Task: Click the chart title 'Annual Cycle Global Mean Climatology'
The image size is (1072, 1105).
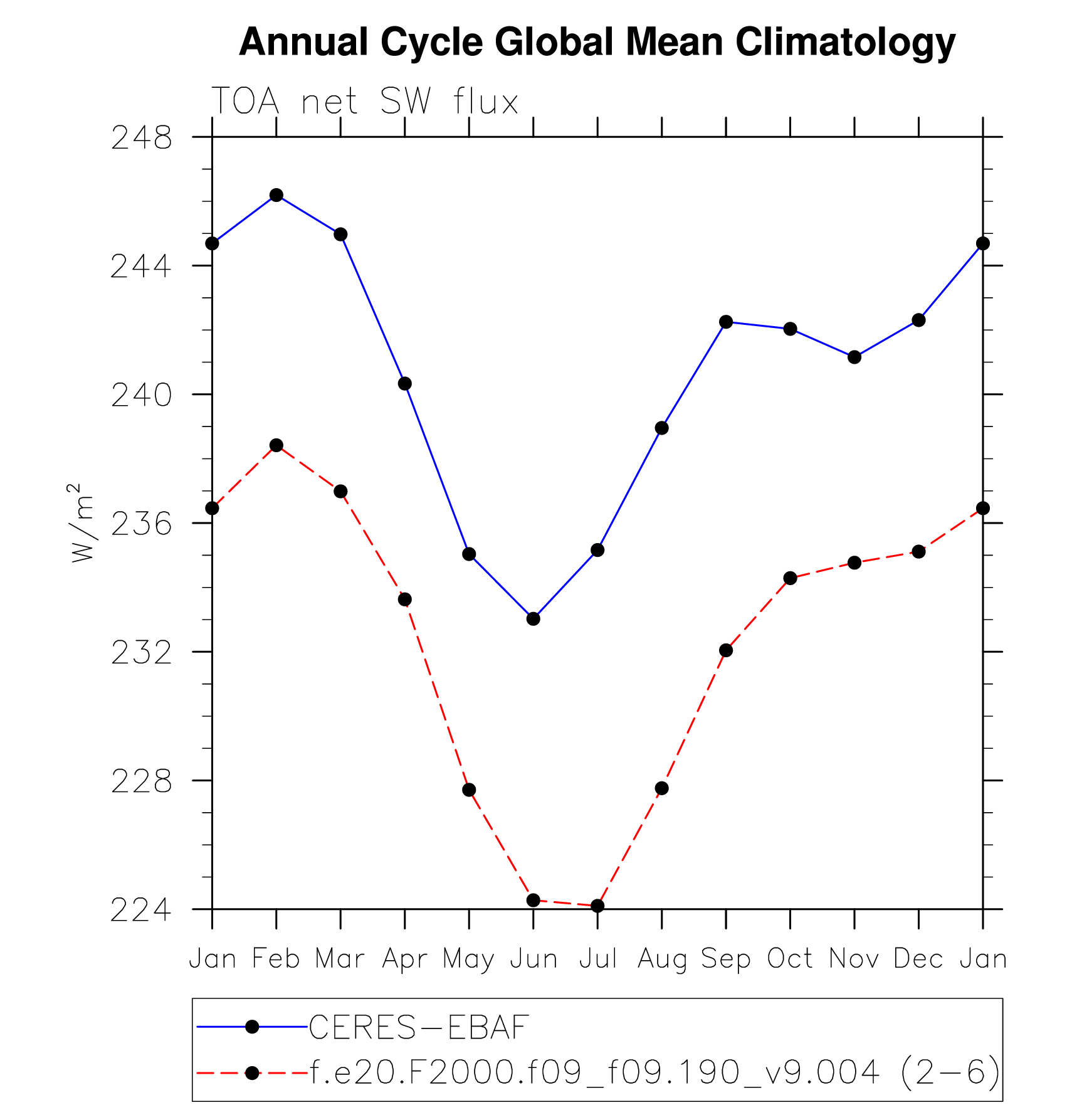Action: pyautogui.click(x=597, y=43)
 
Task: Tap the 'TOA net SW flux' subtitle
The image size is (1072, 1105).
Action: pyautogui.click(x=365, y=102)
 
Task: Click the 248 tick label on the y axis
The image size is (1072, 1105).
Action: pyautogui.click(x=141, y=138)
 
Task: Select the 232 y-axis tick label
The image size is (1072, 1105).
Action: pyautogui.click(x=141, y=653)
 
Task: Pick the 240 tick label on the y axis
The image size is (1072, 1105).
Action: pyautogui.click(x=141, y=396)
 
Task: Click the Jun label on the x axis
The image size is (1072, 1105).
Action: pyautogui.click(x=533, y=959)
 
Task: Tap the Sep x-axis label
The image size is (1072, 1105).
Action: pyautogui.click(x=725, y=959)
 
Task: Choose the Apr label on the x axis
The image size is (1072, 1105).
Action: pyautogui.click(x=404, y=959)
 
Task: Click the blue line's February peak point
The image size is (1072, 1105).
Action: pyautogui.click(x=276, y=195)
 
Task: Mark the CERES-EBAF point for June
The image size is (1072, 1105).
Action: pyautogui.click(x=533, y=619)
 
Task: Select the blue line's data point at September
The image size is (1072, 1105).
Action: pyautogui.click(x=726, y=322)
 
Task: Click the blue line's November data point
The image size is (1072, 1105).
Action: pyautogui.click(x=854, y=357)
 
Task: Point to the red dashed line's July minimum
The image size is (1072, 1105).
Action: pyautogui.click(x=597, y=906)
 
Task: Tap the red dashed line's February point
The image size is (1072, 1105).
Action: pyautogui.click(x=276, y=445)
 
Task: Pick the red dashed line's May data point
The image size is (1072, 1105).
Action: pyautogui.click(x=469, y=790)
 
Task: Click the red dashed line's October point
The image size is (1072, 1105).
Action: pyautogui.click(x=790, y=578)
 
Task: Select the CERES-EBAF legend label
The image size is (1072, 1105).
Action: pyautogui.click(x=419, y=1027)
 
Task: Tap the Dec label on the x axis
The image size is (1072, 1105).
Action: pyautogui.click(x=918, y=959)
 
